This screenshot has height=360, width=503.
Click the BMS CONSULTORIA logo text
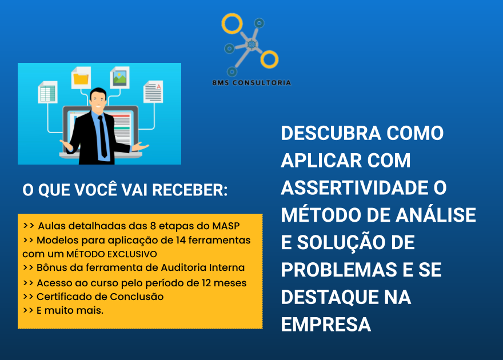(x=251, y=83)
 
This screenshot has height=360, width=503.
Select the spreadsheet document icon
(x=48, y=92)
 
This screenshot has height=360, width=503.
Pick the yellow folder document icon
(x=81, y=78)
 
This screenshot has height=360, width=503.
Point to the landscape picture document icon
(x=119, y=77)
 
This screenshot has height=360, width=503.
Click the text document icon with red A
(x=153, y=91)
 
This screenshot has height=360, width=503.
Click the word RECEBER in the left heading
(x=190, y=190)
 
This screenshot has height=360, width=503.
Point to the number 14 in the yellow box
(x=181, y=240)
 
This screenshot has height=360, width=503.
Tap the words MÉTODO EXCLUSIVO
(x=111, y=254)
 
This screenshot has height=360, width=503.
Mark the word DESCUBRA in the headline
(x=331, y=133)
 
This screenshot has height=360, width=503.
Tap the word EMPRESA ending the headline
(x=326, y=325)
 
